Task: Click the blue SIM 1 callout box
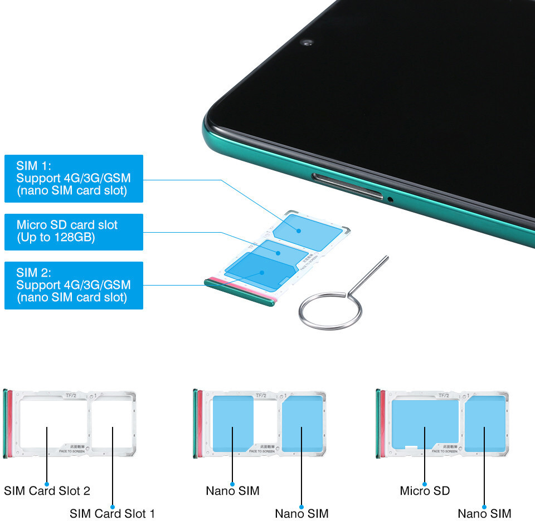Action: coord(74,178)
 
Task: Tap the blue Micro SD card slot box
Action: coord(74,232)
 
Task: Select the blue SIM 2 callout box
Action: coord(74,285)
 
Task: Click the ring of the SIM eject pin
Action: coord(323,312)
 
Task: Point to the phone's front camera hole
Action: coord(307,42)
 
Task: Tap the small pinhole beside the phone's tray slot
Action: coord(390,198)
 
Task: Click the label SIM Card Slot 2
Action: coord(47,491)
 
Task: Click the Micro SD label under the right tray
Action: coord(425,491)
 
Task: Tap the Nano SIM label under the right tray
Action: coord(484,513)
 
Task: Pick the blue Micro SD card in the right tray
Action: coord(425,423)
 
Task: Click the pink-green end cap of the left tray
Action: coord(7,424)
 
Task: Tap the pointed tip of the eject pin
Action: coord(387,257)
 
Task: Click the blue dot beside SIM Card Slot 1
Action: coord(113,507)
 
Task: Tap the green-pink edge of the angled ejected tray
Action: coord(240,292)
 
